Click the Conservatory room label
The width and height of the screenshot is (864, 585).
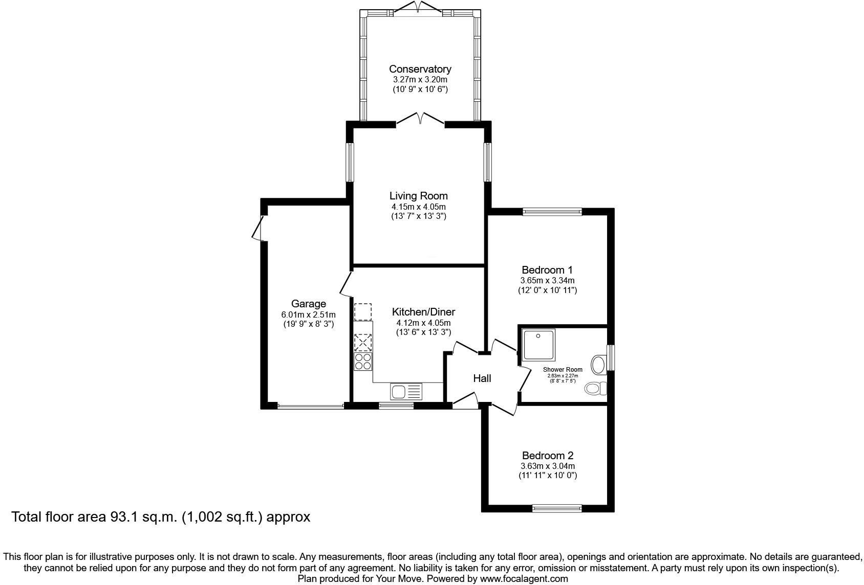pos(420,69)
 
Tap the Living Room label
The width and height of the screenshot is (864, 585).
pos(419,196)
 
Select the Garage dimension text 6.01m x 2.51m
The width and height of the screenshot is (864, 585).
pos(309,314)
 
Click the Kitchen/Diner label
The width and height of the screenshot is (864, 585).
pos(423,312)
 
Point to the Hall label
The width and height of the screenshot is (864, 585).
pos(482,378)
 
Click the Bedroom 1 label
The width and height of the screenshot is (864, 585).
pos(547,270)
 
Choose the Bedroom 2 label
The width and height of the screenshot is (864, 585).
pos(548,456)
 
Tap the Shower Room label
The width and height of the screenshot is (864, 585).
pos(563,370)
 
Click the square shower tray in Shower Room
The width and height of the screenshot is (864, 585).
pos(538,345)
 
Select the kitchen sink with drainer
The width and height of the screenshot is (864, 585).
pos(406,392)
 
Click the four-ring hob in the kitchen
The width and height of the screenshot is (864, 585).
pos(363,361)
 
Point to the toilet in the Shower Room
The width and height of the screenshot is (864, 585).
pos(596,388)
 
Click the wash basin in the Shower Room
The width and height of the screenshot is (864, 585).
pos(599,365)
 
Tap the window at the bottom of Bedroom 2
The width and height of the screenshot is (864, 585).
pos(556,509)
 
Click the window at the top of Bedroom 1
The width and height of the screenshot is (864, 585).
pos(552,212)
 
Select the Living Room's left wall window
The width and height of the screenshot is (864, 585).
pos(350,162)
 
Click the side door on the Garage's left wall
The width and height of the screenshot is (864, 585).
pos(258,228)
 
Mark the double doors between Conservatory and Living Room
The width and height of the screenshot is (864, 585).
pos(420,119)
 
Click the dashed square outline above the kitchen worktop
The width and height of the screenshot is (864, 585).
pos(362,312)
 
